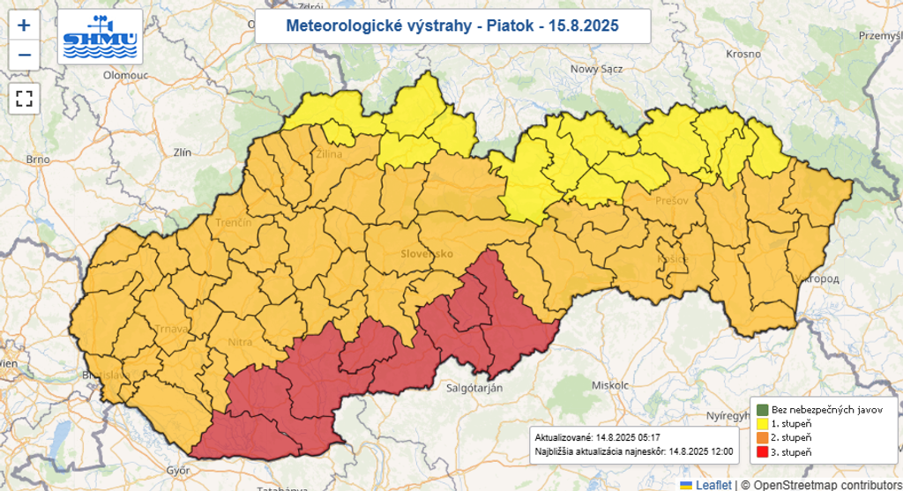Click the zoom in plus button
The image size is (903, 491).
coord(24,26)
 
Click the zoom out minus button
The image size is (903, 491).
coord(24,55)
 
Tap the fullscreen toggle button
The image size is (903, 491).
coord(24,98)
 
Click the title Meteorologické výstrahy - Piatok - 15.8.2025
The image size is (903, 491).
coord(453,26)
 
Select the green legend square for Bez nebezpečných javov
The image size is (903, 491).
coord(761,410)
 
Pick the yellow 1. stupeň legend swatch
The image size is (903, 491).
coord(761,424)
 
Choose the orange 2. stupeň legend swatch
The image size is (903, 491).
coord(761,438)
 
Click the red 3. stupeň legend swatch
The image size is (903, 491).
coord(761,452)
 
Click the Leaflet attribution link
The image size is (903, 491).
coord(713,484)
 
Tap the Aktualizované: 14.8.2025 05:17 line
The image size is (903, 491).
coord(598,437)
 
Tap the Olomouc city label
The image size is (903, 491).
coord(124,76)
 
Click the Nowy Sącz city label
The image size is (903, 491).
coord(597,69)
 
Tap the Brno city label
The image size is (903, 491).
coord(37,160)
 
